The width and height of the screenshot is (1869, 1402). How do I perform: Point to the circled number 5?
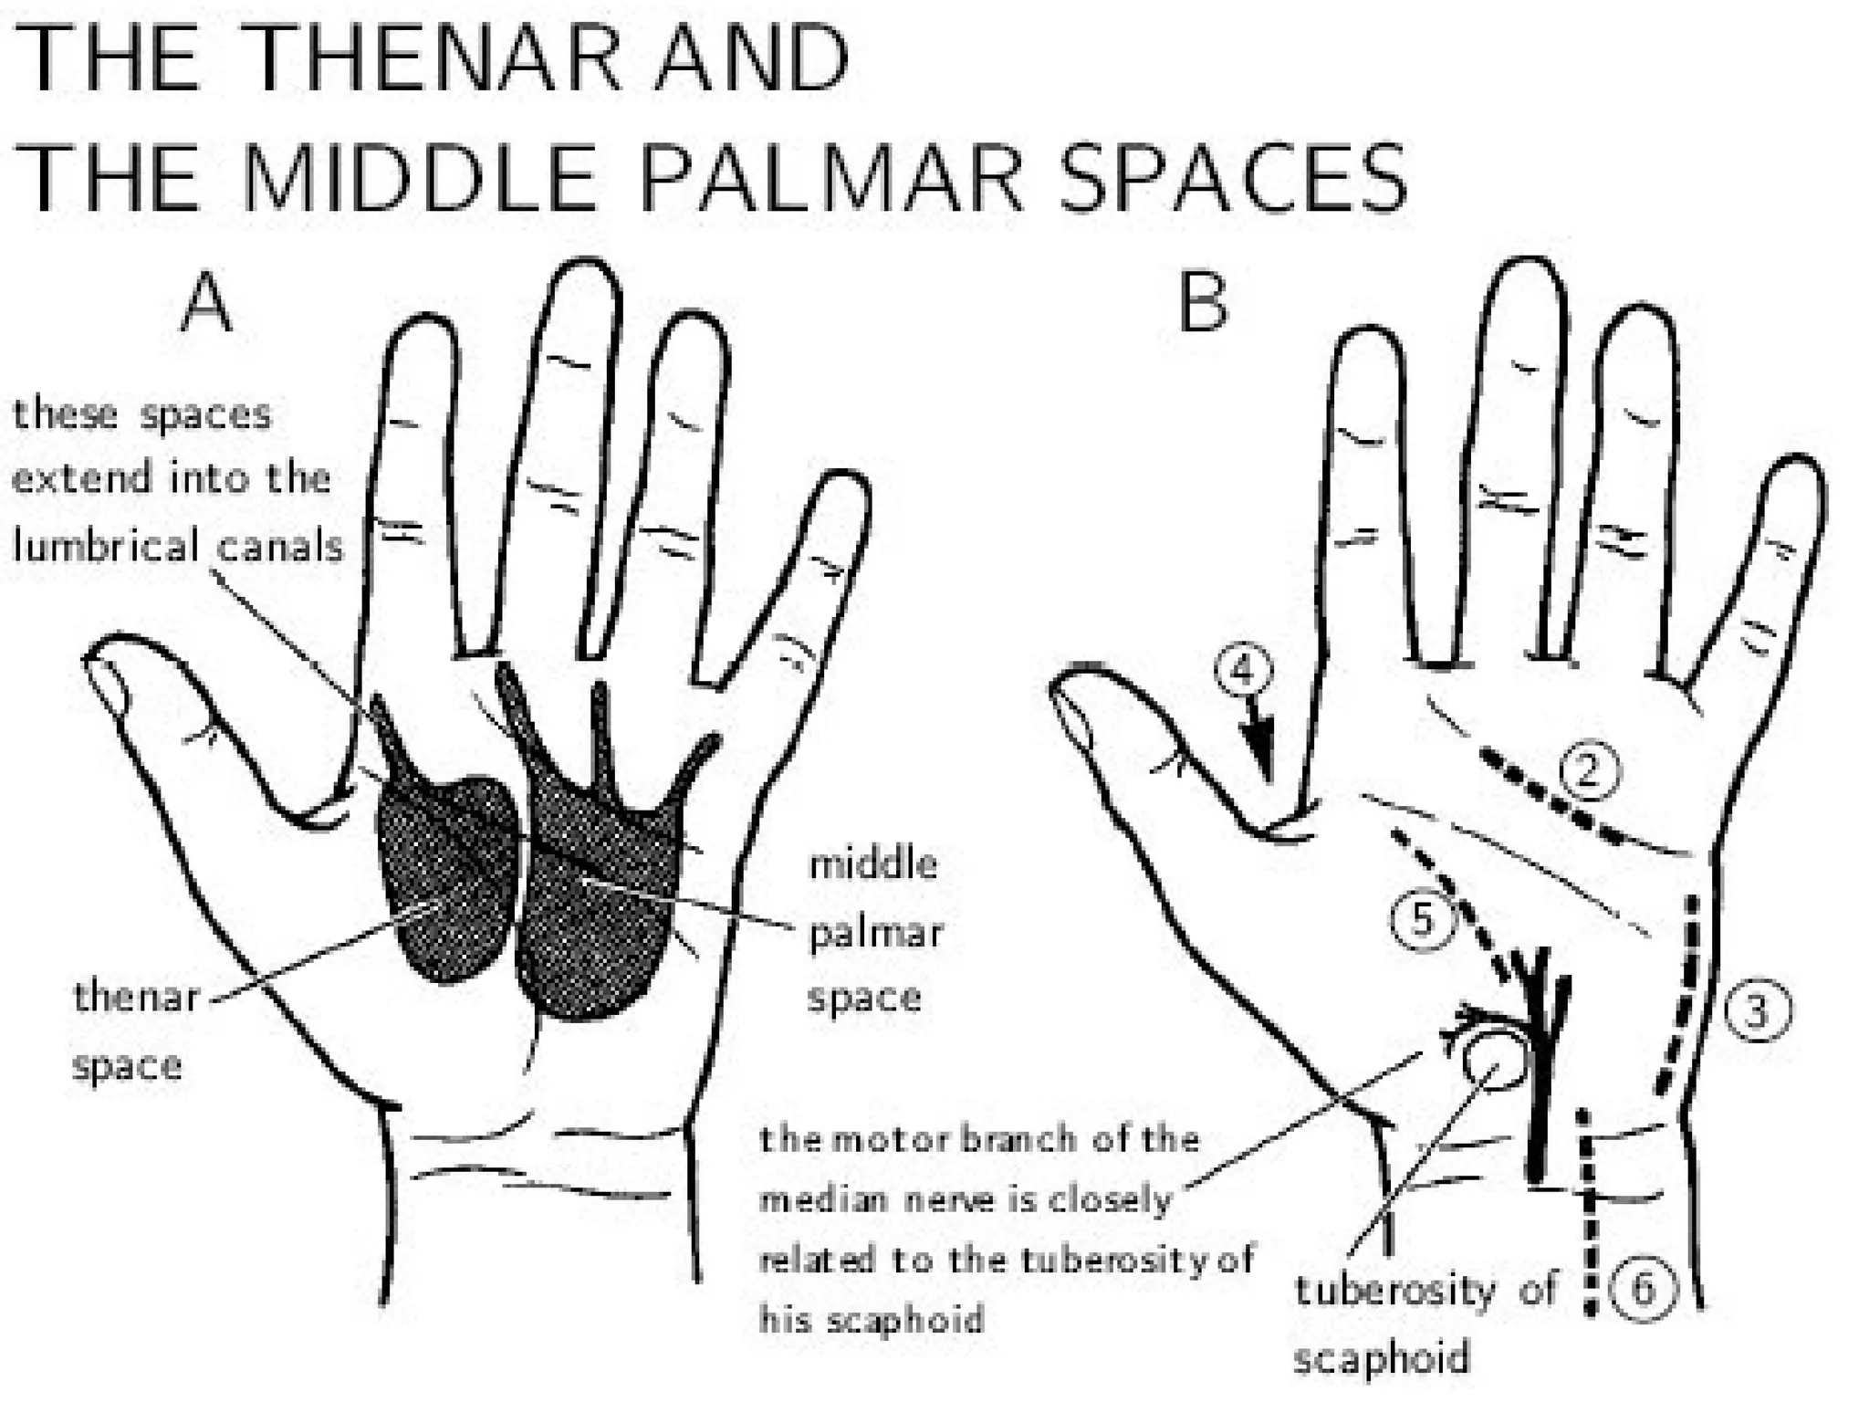coord(1423,919)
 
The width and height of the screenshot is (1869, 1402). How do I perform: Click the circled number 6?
coord(1643,1290)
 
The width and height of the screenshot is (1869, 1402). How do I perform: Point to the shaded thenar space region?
coord(447,876)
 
